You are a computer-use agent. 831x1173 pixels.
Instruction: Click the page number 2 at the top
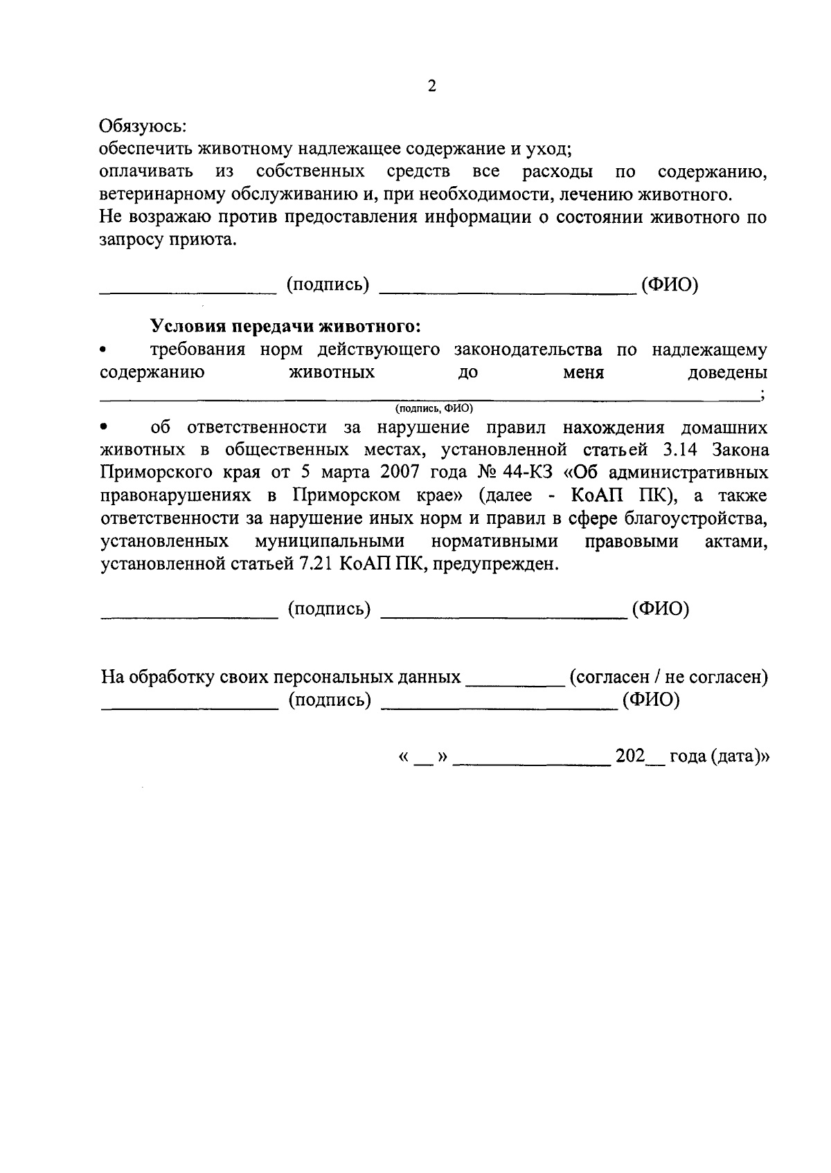pyautogui.click(x=432, y=86)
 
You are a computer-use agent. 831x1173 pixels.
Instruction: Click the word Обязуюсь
pyautogui.click(x=143, y=127)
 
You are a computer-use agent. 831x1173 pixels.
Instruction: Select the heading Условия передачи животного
pyautogui.click(x=285, y=325)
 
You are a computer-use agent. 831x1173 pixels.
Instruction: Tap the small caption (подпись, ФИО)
pyautogui.click(x=434, y=408)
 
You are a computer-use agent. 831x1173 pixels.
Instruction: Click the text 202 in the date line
pyautogui.click(x=630, y=756)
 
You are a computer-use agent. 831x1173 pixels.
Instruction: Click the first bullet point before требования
pyautogui.click(x=105, y=350)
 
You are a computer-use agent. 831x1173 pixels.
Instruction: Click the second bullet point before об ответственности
pyautogui.click(x=105, y=428)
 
